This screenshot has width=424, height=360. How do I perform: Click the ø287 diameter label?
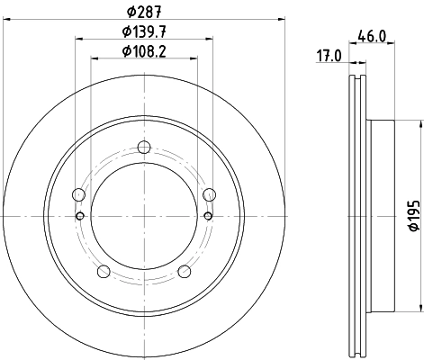pos(144,12)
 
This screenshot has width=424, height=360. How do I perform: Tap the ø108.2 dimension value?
pos(144,50)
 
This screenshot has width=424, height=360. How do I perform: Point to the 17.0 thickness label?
pos(330,55)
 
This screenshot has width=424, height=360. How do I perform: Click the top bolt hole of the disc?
pos(144,149)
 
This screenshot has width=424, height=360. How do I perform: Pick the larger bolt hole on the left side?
pos(78,195)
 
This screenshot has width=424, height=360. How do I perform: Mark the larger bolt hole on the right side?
pos(211,195)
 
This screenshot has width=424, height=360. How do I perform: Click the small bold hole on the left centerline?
pos(80,216)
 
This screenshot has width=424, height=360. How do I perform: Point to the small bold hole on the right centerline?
pos(209,216)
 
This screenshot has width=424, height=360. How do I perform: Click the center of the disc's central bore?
pos(144,216)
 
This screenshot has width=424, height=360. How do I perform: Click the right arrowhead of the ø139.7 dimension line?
pos(212,39)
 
